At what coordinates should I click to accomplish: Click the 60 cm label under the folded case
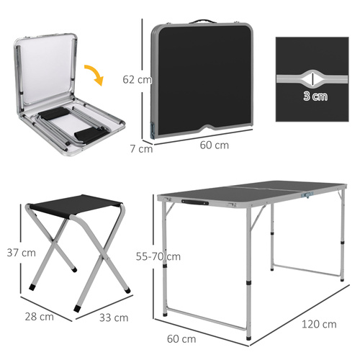click(x=214, y=145)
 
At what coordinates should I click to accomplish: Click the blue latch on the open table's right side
click(x=310, y=194)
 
